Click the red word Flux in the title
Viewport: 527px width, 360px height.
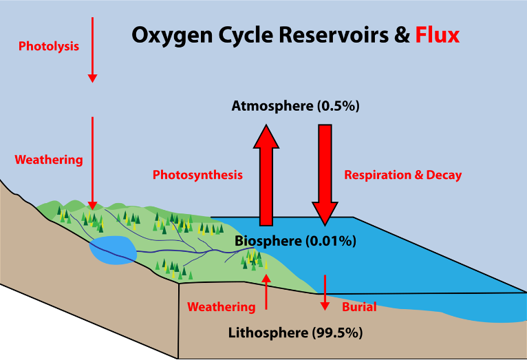[437, 36]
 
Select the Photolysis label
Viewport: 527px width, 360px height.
[49, 47]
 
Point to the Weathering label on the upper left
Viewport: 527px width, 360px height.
[49, 160]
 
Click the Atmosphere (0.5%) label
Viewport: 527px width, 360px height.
[296, 106]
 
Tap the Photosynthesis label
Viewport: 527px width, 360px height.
[197, 175]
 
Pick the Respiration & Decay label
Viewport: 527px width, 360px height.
[402, 175]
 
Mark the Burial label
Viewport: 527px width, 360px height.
[359, 307]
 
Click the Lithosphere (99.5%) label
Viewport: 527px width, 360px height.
[295, 333]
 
